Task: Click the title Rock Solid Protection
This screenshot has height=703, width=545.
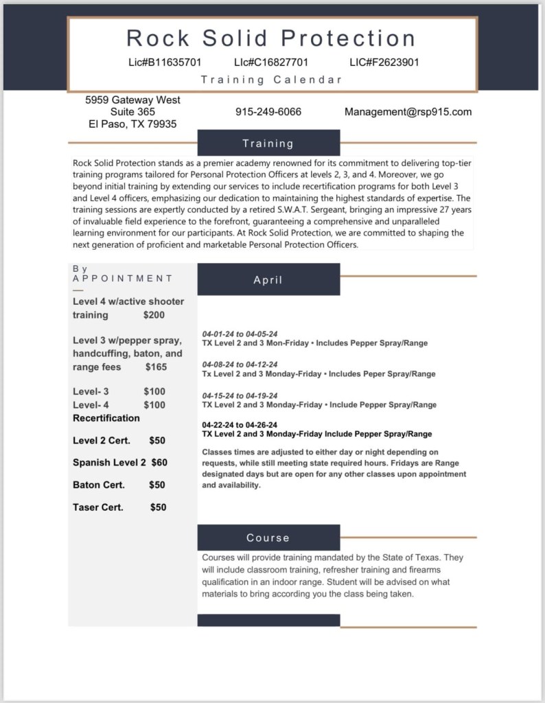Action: click(271, 38)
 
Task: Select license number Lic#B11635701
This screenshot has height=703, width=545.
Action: click(165, 62)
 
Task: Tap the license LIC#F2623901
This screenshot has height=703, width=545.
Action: click(384, 62)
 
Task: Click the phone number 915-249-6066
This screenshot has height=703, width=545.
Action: click(268, 112)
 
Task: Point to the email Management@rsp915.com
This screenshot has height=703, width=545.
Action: click(408, 112)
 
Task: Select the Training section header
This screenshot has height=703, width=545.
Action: click(268, 143)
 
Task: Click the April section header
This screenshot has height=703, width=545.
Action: click(268, 280)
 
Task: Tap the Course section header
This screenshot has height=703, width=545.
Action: click(268, 538)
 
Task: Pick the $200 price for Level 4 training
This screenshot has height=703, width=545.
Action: click(154, 315)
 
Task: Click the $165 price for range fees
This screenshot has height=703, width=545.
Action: click(156, 367)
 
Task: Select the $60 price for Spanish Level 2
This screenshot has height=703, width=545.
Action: click(159, 463)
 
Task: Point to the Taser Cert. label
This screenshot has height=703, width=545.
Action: click(98, 507)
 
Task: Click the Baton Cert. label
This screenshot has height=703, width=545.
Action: click(99, 485)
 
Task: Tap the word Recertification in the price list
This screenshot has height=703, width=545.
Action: click(106, 418)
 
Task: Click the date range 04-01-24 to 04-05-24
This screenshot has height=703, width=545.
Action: click(240, 334)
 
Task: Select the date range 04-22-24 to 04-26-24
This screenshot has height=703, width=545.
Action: click(240, 425)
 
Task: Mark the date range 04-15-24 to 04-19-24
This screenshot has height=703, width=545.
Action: click(240, 395)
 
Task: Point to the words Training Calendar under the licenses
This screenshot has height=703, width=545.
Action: click(271, 80)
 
